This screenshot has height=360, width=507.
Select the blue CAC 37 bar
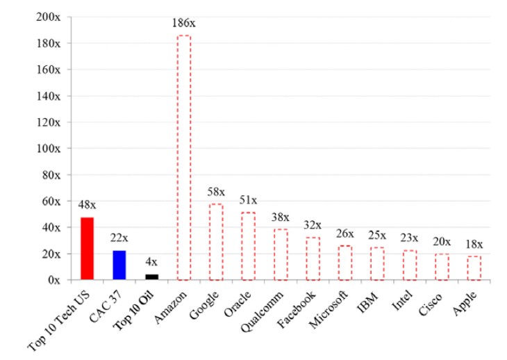click(119, 265)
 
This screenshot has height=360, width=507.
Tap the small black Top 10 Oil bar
click(151, 277)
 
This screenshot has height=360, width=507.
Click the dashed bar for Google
click(216, 242)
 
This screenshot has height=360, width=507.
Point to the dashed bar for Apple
click(473, 268)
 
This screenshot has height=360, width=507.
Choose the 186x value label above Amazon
click(184, 24)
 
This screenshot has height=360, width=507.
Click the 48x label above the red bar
click(87, 205)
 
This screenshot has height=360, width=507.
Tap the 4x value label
click(151, 263)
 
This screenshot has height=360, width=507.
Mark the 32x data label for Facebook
click(313, 225)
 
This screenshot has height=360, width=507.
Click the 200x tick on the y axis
click(49, 17)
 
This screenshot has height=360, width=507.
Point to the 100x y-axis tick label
click(49, 148)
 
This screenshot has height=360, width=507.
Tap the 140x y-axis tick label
click(49, 96)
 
